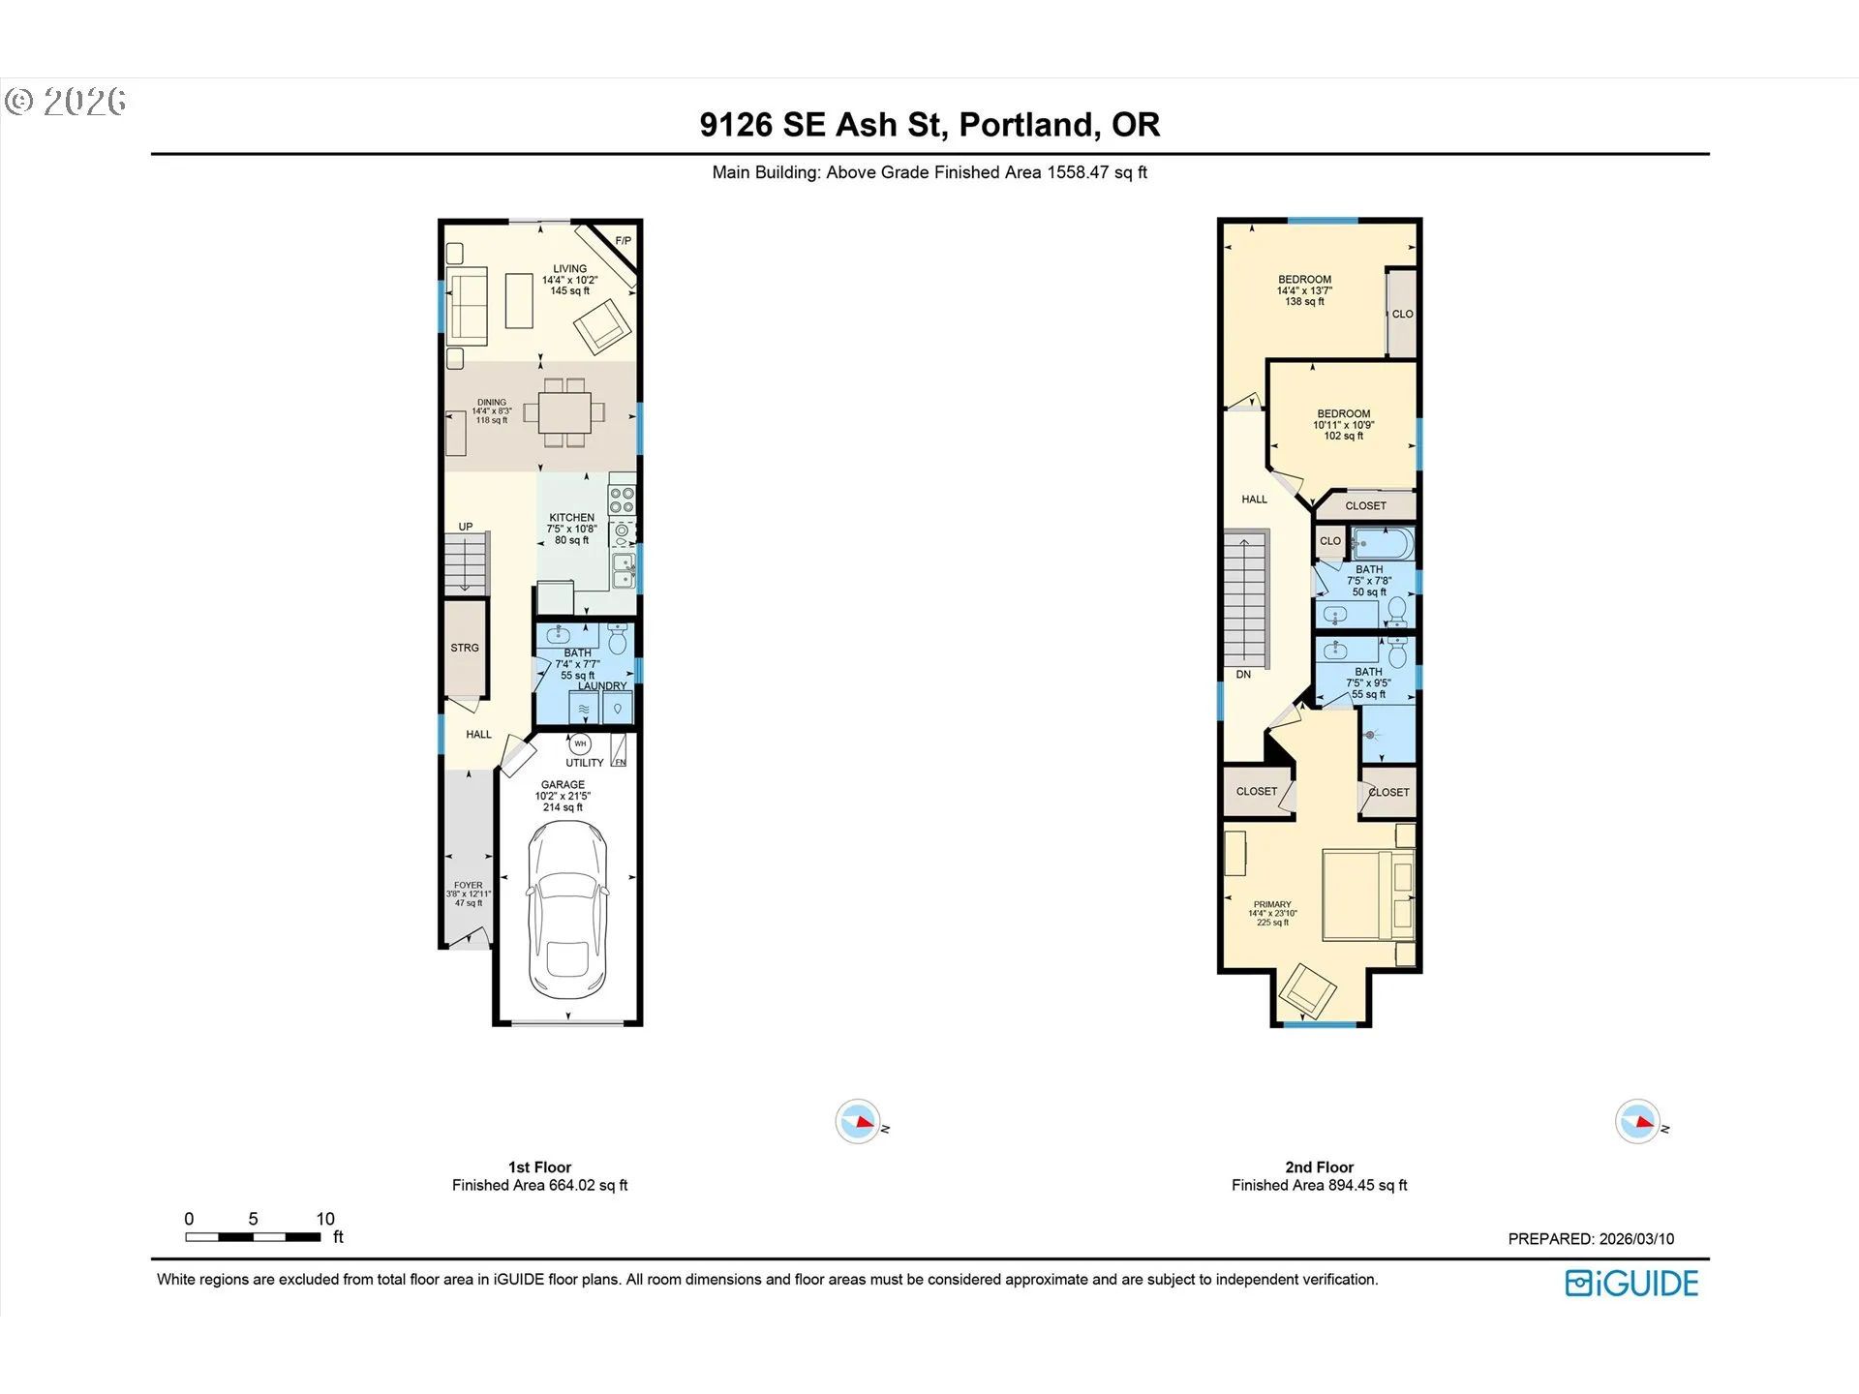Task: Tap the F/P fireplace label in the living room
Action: tap(623, 241)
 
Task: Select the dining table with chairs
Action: tap(564, 412)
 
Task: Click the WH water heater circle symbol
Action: tap(580, 743)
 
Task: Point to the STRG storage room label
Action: tap(465, 648)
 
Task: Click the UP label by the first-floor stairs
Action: tap(466, 527)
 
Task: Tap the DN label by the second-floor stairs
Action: tap(1243, 675)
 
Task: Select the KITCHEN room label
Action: tap(571, 518)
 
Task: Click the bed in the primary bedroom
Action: tap(1367, 895)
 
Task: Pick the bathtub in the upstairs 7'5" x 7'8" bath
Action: tap(1382, 544)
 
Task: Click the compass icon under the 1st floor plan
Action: tap(858, 1122)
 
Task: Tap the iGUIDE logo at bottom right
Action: tap(1631, 1284)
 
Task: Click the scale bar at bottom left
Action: tap(253, 1236)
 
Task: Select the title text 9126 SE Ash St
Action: tap(929, 125)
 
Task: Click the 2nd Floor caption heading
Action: tap(1319, 1167)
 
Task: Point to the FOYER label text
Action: tap(469, 885)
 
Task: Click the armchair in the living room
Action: tap(601, 325)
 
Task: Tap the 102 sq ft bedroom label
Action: tap(1343, 436)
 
